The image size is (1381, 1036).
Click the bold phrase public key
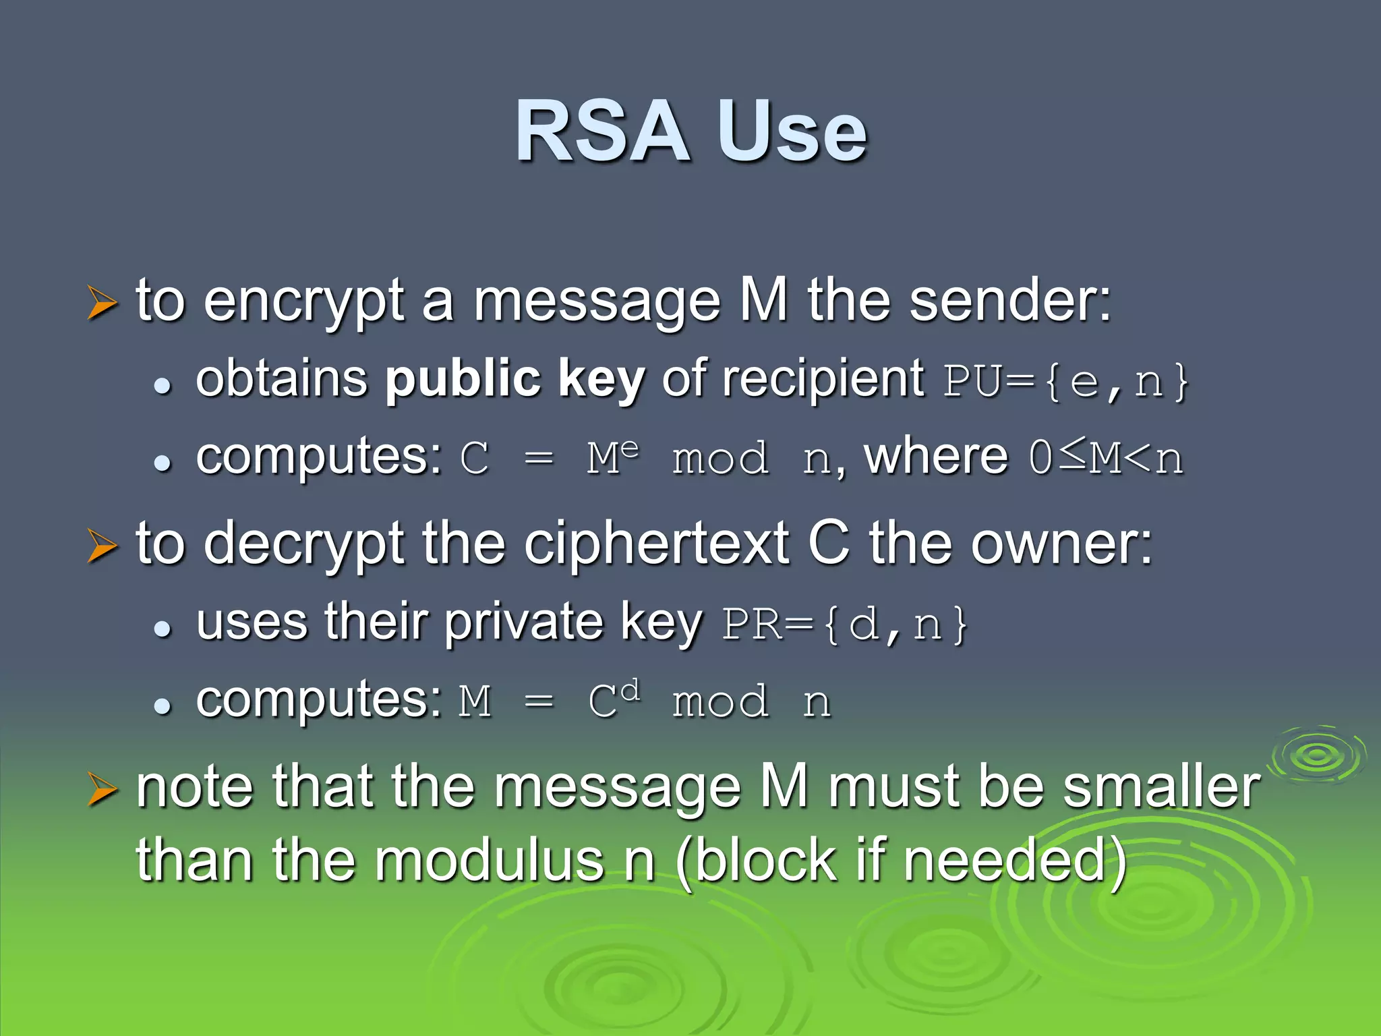coord(515,380)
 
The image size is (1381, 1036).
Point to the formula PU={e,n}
coord(1065,382)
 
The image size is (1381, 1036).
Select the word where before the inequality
coord(936,457)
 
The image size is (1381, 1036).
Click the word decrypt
coord(303,545)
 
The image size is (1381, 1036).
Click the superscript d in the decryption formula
coord(630,691)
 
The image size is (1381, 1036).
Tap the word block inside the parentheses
coord(765,861)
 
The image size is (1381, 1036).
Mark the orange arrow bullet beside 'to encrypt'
coord(102,303)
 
